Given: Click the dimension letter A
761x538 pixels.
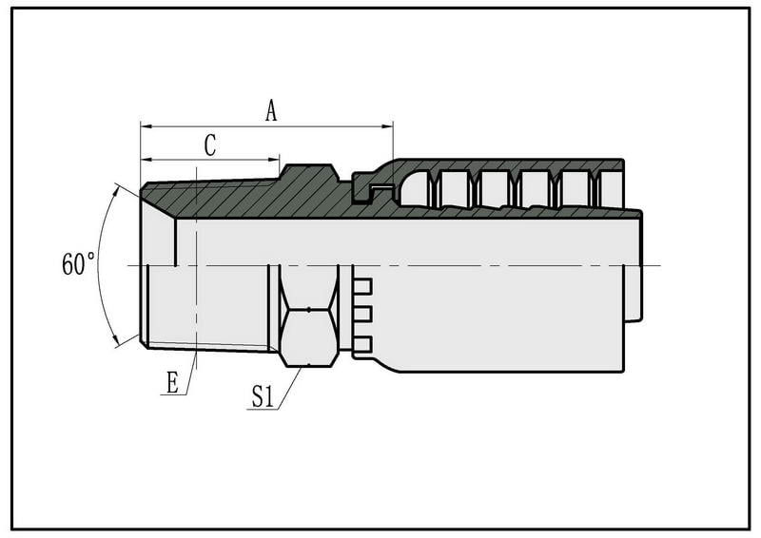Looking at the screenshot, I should pyautogui.click(x=271, y=111).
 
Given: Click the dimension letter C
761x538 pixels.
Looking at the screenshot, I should pyautogui.click(x=210, y=145).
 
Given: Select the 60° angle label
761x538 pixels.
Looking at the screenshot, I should pyautogui.click(x=78, y=265).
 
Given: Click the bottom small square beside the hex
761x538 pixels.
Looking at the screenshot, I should pyautogui.click(x=362, y=343).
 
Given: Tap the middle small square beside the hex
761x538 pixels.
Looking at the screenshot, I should pyautogui.click(x=362, y=315).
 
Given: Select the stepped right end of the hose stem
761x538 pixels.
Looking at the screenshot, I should pyautogui.click(x=634, y=266).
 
